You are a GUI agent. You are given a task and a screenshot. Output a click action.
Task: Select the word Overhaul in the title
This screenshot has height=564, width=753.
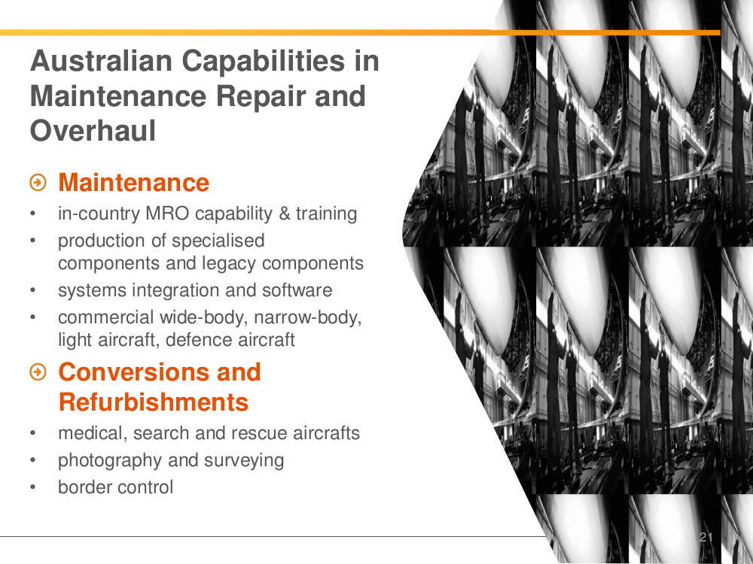point(93,130)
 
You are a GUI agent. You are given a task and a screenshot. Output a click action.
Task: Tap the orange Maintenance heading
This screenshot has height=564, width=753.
point(133,182)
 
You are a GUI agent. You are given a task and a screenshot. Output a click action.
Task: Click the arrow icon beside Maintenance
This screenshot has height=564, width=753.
point(38,182)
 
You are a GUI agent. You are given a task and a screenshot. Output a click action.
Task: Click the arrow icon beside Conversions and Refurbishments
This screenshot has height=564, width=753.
point(38,371)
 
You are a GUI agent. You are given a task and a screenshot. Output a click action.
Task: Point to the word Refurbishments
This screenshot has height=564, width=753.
point(153,402)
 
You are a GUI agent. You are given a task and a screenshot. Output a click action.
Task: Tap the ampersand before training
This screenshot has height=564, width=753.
point(285,214)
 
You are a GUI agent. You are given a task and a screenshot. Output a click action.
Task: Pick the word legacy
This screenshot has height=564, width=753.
point(229,264)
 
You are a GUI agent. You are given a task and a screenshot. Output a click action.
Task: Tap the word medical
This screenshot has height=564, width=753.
point(93,433)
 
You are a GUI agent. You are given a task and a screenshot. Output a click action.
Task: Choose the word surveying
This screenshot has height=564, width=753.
point(244,460)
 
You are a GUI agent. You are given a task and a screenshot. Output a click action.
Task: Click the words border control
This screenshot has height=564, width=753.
point(115,487)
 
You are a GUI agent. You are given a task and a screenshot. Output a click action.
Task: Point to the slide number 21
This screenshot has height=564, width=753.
point(706,537)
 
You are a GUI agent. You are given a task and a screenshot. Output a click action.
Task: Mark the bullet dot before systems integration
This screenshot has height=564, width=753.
point(32,290)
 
